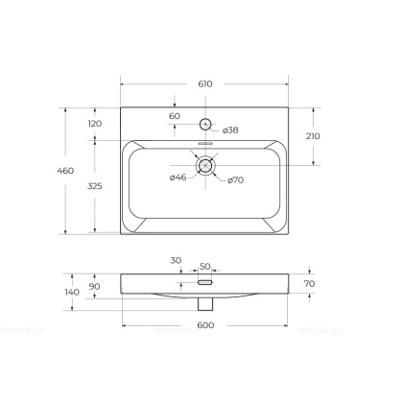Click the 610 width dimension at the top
205,84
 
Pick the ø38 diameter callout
230,130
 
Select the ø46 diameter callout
178,178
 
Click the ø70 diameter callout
236,180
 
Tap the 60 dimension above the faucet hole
175,116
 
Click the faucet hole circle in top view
205,124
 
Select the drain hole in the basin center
205,165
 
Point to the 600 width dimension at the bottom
205,326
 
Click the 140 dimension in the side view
70,291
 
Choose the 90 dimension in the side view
95,286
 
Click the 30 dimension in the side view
176,261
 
